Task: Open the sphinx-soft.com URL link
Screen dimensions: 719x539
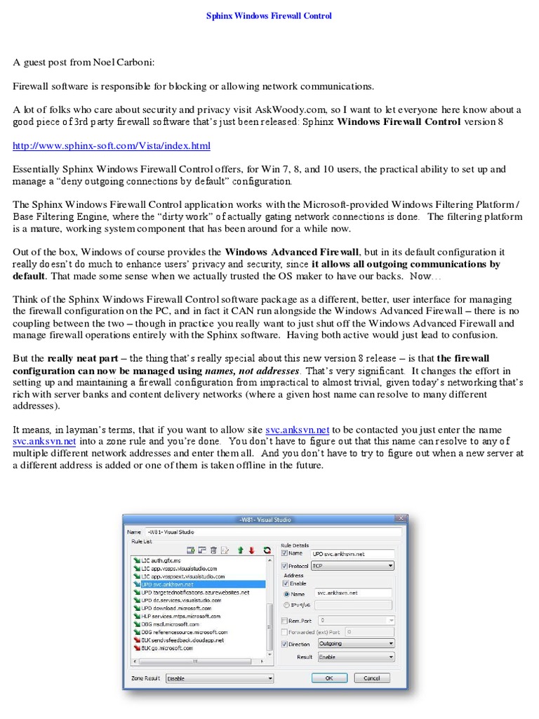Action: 112,146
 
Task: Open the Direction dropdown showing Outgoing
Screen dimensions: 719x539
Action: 355,643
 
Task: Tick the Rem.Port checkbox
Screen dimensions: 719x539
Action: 284,621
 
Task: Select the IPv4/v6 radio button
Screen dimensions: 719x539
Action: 286,605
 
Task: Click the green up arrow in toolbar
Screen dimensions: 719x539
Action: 239,550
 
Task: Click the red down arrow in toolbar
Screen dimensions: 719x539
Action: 251,550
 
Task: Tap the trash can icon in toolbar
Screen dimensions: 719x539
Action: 213,550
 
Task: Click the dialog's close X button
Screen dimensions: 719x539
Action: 401,520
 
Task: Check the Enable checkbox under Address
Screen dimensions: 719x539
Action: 285,583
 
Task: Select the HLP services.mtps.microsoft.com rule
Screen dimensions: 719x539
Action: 181,616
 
